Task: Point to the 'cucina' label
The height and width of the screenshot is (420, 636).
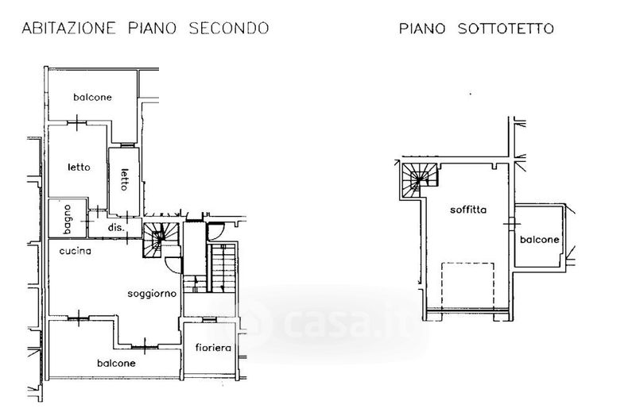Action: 76,251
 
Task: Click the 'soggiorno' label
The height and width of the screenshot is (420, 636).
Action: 151,294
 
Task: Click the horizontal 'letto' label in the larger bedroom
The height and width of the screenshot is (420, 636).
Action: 79,168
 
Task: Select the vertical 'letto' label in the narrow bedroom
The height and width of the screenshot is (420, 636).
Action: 124,177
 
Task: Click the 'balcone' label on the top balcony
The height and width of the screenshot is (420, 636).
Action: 93,98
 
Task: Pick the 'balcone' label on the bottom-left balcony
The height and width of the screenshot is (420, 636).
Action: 117,363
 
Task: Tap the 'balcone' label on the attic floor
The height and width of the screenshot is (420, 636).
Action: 540,240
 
